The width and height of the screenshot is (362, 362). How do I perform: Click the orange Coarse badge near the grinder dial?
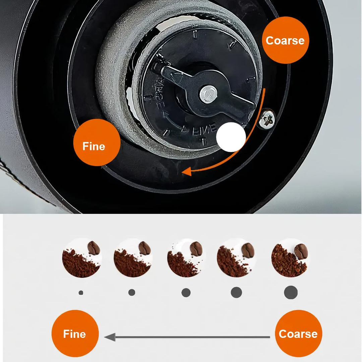coord(285,40)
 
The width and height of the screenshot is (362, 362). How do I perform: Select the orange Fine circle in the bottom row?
coord(75,334)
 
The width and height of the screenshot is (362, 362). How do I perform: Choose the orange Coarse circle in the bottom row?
coord(298,334)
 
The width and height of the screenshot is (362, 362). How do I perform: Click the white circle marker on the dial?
coord(231,137)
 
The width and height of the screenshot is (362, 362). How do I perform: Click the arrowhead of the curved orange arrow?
coord(185,172)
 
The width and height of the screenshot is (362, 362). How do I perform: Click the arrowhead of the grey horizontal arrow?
coord(109,337)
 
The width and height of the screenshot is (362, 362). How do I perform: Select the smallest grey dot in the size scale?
coord(81,293)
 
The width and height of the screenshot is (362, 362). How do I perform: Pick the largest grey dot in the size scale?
coord(291,293)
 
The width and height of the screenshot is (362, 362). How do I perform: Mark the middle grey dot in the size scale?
coord(186,293)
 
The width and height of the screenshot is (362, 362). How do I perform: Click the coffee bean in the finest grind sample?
coord(94,248)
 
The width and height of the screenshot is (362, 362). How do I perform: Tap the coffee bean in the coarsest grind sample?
coord(301,251)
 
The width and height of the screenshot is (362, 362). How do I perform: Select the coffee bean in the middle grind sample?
coord(196,249)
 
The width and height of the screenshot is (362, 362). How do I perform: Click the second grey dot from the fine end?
coord(132,293)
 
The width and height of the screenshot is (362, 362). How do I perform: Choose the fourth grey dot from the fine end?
coord(236,293)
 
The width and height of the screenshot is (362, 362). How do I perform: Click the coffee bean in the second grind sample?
coord(144,248)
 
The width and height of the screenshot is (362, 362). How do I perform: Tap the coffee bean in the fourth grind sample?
coord(248,250)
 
